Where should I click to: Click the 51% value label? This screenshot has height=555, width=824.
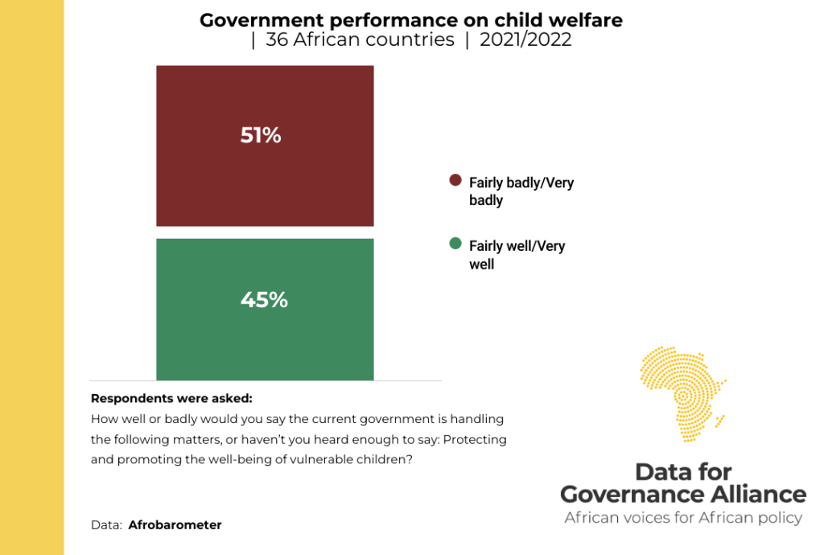[x=261, y=135]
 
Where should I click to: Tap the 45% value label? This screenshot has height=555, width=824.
[x=264, y=300]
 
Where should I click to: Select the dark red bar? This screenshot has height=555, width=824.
[x=265, y=185]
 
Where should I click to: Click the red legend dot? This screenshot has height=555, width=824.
[x=455, y=180]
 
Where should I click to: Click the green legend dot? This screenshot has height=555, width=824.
[x=455, y=244]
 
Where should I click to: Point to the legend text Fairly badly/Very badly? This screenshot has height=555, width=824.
[x=521, y=191]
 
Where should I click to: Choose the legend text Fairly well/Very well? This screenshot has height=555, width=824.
[x=517, y=255]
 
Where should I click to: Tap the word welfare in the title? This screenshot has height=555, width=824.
[x=588, y=20]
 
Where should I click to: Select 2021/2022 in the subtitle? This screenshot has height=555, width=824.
[x=525, y=40]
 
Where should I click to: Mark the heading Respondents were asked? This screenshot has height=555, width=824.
[x=171, y=398]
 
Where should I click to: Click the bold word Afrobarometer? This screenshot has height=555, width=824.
[x=175, y=525]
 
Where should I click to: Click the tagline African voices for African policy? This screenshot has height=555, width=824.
[x=683, y=517]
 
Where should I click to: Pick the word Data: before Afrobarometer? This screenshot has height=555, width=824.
[x=106, y=525]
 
